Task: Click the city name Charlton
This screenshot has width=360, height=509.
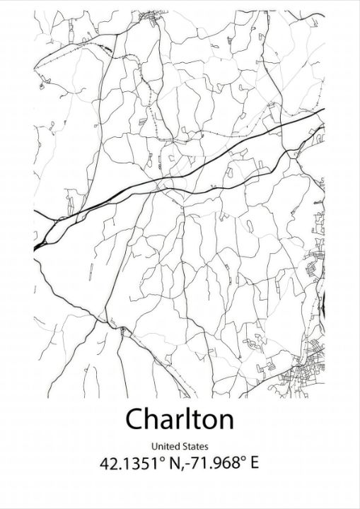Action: point(180,419)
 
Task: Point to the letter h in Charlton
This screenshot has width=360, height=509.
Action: point(155,419)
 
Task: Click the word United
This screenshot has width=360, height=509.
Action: point(164,446)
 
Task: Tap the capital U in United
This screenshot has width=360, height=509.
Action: point(154,446)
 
